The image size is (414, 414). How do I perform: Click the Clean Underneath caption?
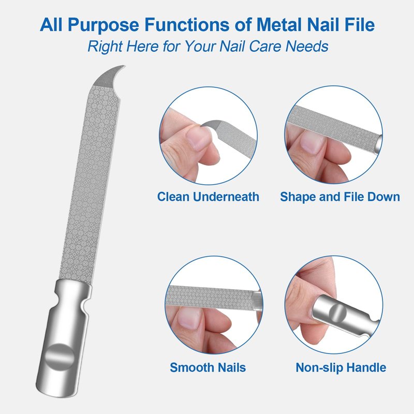pos(208,197)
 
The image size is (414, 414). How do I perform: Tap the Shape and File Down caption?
pos(340,197)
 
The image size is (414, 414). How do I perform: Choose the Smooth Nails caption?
pos(208,367)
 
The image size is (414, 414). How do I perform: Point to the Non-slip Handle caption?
pos(341,367)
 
